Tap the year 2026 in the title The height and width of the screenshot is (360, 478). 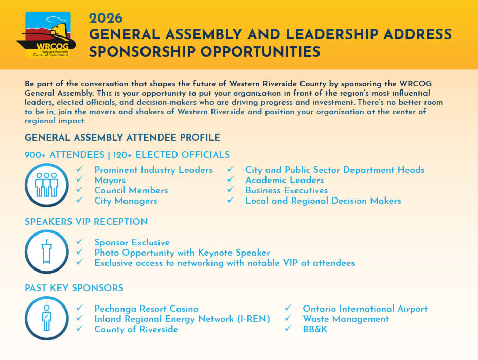[x=105, y=19]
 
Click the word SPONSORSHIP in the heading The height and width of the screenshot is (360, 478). [x=141, y=51]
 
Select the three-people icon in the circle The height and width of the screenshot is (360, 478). [x=46, y=185]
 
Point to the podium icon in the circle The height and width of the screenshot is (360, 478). [x=46, y=251]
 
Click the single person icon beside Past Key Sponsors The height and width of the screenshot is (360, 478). [x=46, y=318]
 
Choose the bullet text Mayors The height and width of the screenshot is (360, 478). [x=110, y=180]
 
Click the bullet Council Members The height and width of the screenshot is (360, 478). [x=131, y=190]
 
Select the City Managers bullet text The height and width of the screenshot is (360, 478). [x=126, y=201]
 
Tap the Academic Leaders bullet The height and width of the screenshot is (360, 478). [x=284, y=180]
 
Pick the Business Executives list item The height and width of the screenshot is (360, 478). [x=286, y=190]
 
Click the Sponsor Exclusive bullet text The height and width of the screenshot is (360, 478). [x=132, y=242]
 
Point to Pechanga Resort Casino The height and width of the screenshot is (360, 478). [x=146, y=309]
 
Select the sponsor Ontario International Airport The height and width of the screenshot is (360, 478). [x=365, y=309]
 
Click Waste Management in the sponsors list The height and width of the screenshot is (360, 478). [x=345, y=319]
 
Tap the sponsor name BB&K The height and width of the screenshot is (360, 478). [x=315, y=329]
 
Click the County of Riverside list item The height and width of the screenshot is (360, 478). [x=136, y=329]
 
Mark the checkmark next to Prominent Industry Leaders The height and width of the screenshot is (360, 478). [x=79, y=169]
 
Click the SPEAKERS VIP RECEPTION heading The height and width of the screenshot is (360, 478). [x=86, y=222]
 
